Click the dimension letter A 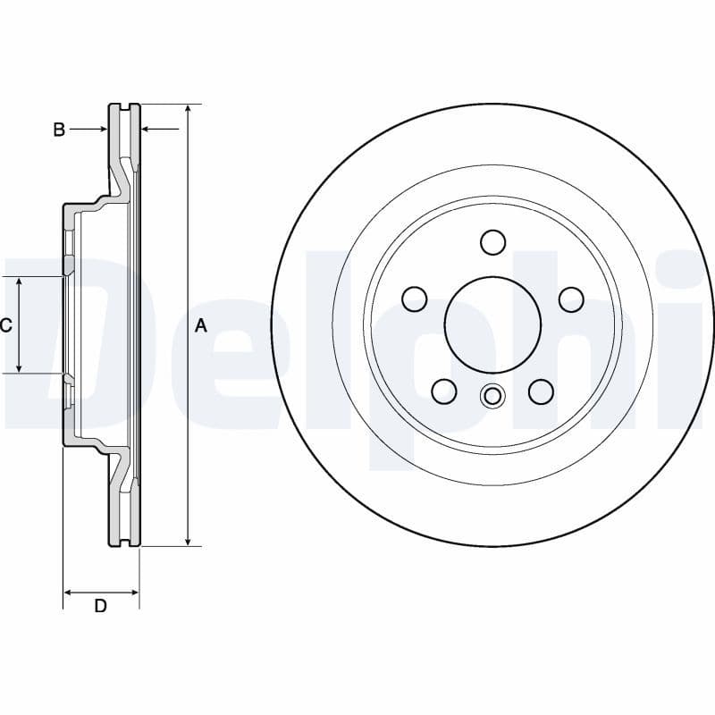tap(201, 325)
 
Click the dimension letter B tap(59, 130)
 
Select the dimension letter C tap(5, 325)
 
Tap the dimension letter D tap(101, 606)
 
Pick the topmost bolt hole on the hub tap(493, 242)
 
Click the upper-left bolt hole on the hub tap(415, 299)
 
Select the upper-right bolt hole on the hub tap(571, 299)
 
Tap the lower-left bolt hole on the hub tap(444, 391)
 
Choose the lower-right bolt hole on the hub tap(542, 391)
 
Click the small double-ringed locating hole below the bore tap(492, 395)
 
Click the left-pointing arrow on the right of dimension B tap(148, 130)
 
